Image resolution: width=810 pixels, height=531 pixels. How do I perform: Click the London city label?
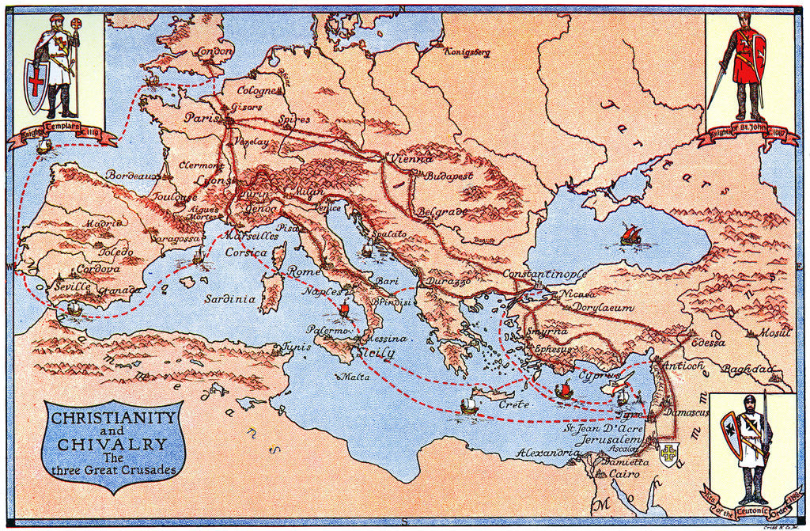(x=214, y=51)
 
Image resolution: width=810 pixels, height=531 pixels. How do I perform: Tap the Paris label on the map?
(x=202, y=117)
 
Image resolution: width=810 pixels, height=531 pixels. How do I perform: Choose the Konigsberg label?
(x=467, y=52)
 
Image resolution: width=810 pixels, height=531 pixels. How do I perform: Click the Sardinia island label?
(x=229, y=299)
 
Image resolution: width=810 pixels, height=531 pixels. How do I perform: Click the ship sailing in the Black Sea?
(x=630, y=234)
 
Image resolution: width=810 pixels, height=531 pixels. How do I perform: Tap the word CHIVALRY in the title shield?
(x=112, y=444)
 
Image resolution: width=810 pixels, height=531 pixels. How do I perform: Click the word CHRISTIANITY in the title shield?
(x=111, y=417)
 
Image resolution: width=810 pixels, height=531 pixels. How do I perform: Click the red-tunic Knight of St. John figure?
(x=746, y=63)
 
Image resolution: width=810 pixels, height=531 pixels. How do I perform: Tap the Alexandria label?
(x=544, y=453)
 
